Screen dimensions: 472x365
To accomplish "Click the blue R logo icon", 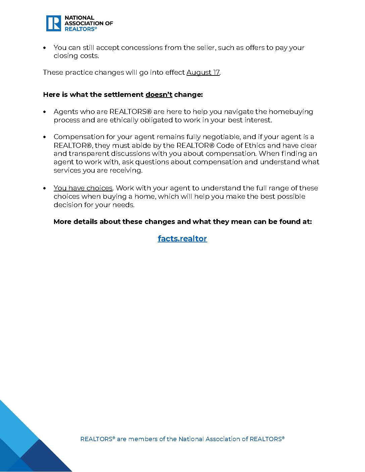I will coord(54,23).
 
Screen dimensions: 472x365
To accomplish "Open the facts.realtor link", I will coord(182,238).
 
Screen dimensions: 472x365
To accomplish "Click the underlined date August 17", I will coord(203,72).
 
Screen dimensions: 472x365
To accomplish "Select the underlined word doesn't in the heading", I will coord(159,95).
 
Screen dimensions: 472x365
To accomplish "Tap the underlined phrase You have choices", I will coord(83,188).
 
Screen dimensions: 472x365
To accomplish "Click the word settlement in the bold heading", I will coord(123,95).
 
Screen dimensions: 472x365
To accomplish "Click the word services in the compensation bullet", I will coord(66,170).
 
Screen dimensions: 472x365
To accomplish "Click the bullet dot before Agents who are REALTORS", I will coord(45,112).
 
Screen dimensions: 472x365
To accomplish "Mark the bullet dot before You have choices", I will coord(45,188).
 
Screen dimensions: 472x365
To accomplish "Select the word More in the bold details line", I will coord(62,222).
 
